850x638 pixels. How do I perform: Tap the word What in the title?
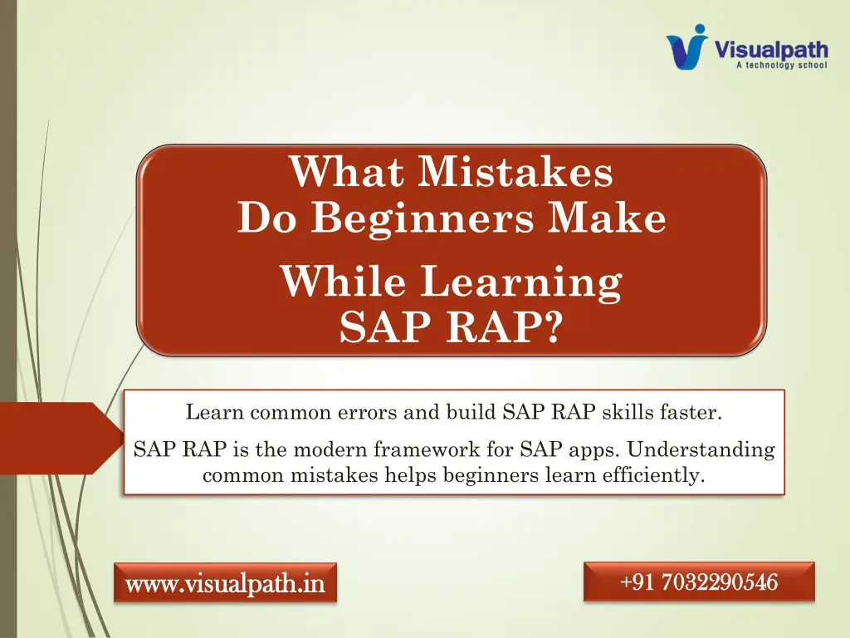point(347,172)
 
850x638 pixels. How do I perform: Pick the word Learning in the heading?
point(521,282)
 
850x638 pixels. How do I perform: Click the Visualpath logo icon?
point(686,47)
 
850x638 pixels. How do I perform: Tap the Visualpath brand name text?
point(771,50)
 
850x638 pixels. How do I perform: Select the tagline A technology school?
point(781,65)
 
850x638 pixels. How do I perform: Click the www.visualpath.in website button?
point(225,583)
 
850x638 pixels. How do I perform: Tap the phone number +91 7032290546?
point(699,582)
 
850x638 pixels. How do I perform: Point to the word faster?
point(691,412)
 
